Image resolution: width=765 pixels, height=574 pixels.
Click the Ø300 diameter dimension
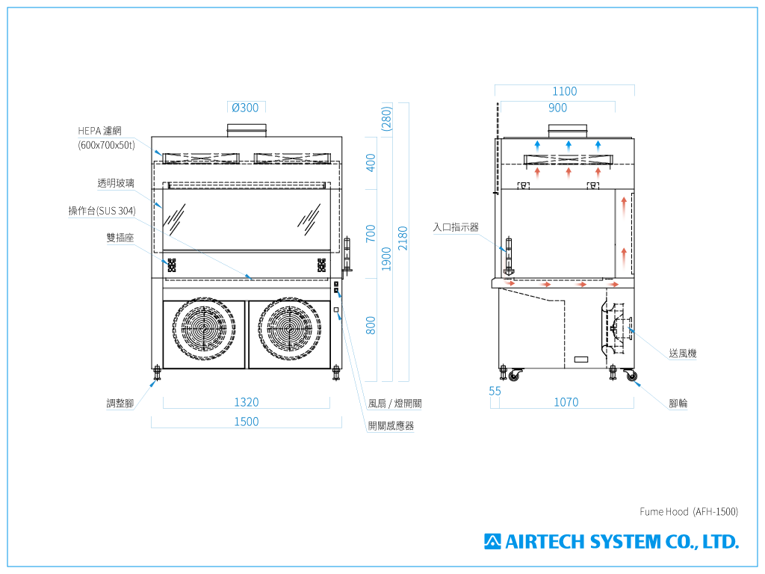[245, 108]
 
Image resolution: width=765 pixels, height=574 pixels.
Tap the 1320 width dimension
[246, 402]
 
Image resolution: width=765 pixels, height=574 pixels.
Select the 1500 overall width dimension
[246, 422]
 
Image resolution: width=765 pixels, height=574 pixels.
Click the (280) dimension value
[386, 118]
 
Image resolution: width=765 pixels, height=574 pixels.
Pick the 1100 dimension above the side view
[565, 91]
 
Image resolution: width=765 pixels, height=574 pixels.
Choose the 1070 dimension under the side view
[566, 402]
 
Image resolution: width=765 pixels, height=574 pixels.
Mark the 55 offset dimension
[495, 391]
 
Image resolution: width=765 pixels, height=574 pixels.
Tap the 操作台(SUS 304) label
[102, 211]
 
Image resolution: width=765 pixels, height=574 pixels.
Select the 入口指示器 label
[456, 227]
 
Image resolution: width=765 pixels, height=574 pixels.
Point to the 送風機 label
[682, 354]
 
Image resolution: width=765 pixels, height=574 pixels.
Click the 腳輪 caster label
[678, 404]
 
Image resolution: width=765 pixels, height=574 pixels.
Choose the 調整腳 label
[120, 404]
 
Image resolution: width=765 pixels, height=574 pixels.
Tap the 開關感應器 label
[391, 426]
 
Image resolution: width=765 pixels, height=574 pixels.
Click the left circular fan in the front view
[204, 334]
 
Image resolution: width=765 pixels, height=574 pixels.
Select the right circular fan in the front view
[289, 334]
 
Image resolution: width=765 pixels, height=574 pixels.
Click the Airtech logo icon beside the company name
[492, 541]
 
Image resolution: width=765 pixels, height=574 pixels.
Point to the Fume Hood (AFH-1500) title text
[688, 512]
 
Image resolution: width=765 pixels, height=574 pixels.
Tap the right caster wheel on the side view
[632, 377]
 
